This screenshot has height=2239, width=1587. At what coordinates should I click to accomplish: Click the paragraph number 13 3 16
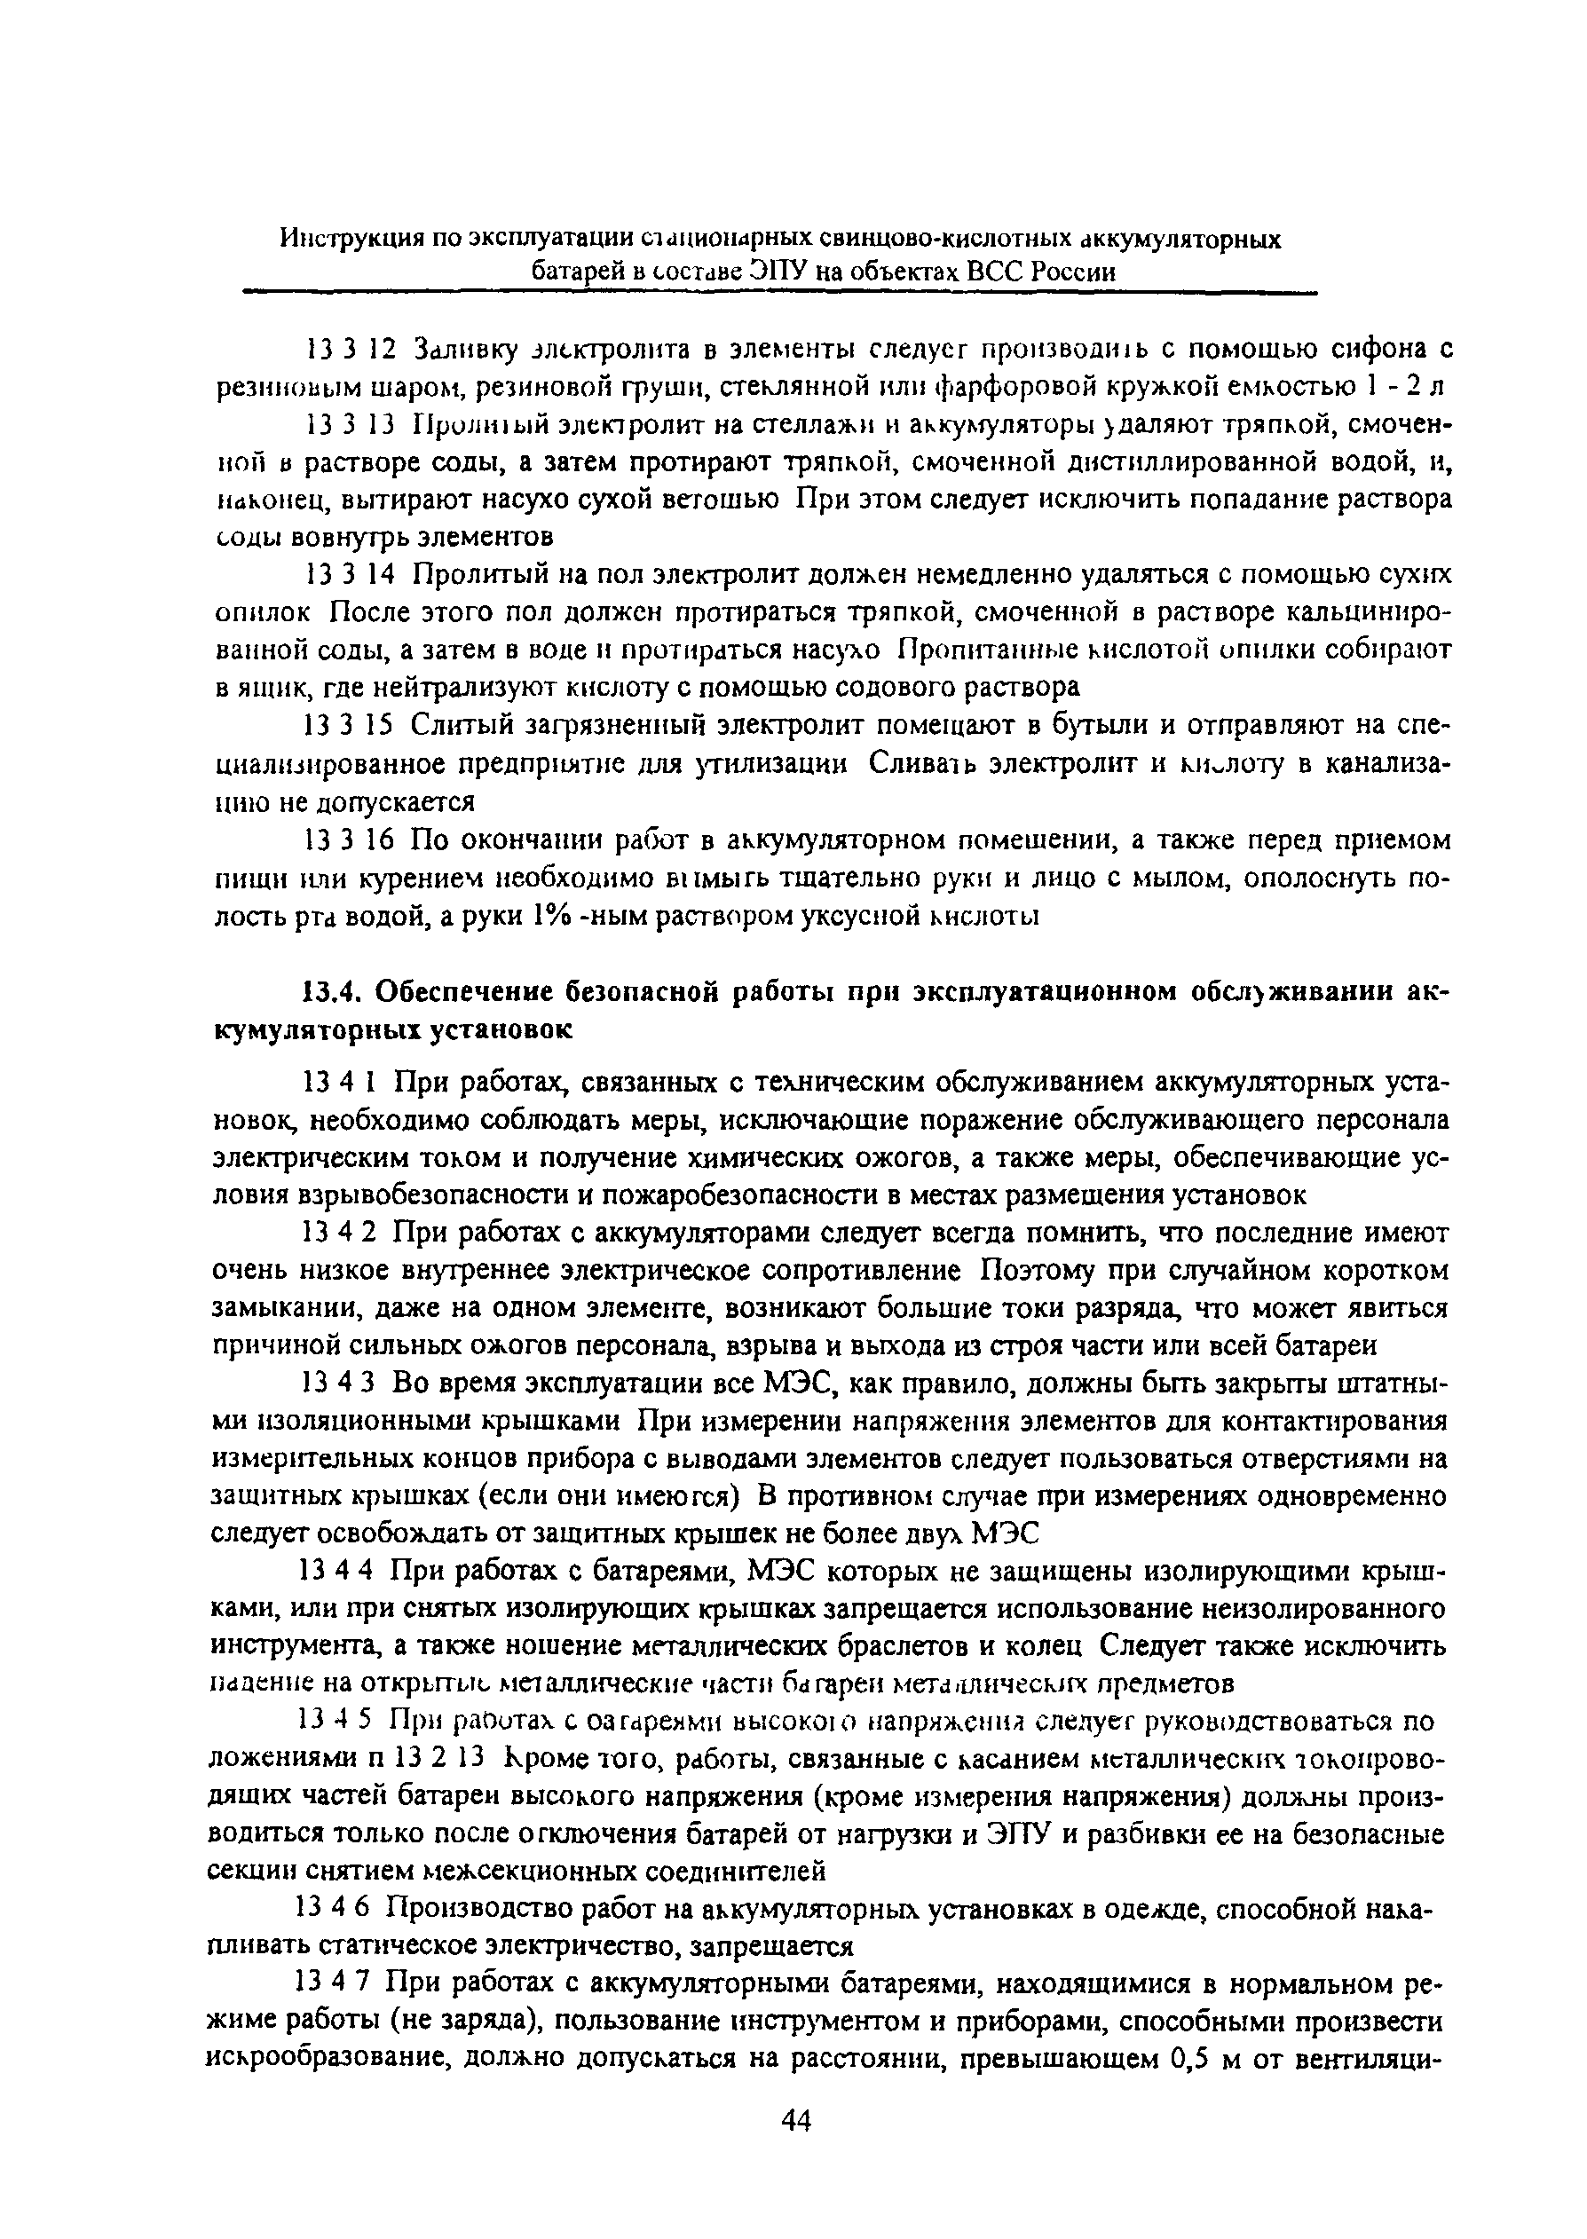(349, 840)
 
